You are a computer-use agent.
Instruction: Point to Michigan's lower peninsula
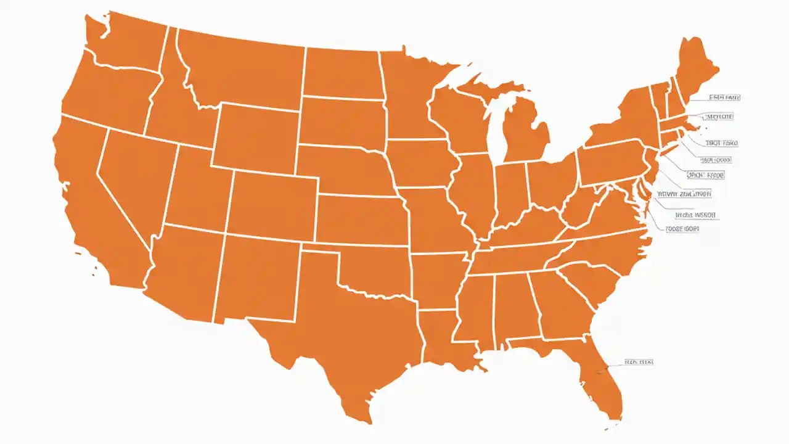click(x=524, y=136)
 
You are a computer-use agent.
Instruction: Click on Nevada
click(x=136, y=179)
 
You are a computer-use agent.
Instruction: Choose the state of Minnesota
click(x=410, y=99)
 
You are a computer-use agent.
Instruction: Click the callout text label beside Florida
click(x=638, y=362)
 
